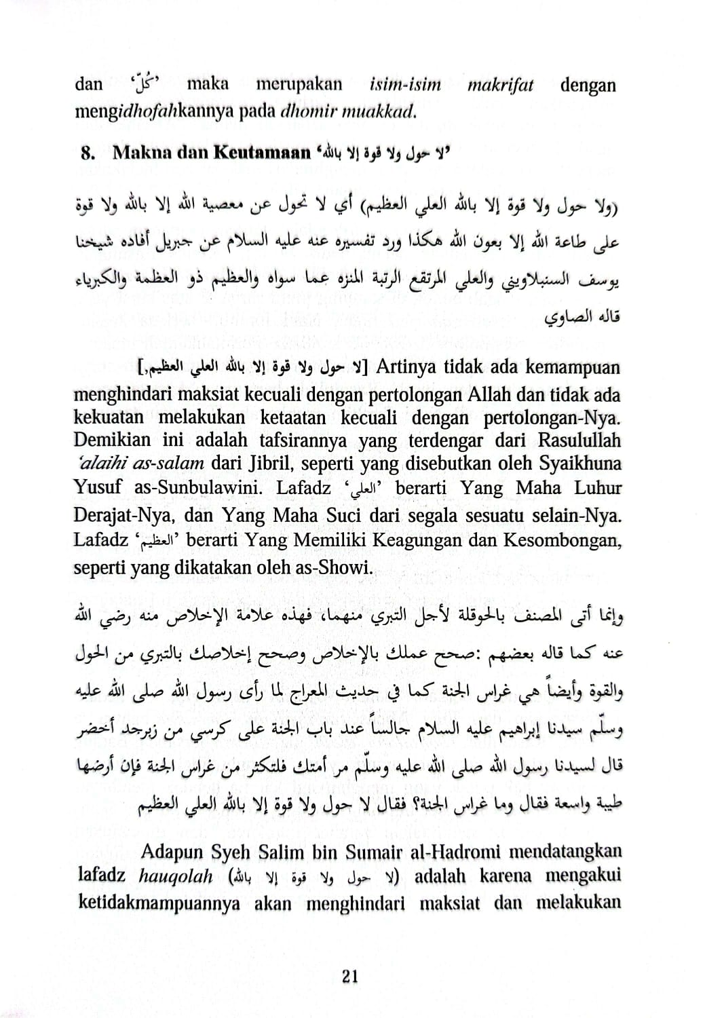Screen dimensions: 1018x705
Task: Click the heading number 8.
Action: click(x=88, y=153)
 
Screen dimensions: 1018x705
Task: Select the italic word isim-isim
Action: click(x=405, y=86)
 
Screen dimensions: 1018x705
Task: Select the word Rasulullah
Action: click(x=579, y=440)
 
